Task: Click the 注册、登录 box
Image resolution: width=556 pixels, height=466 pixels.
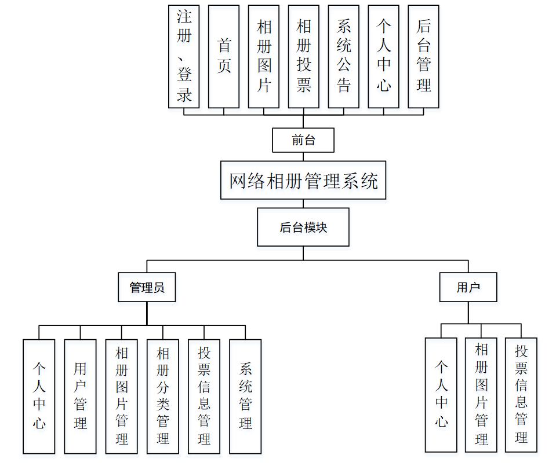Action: coord(184,57)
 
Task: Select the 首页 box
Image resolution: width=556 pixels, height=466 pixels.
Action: coord(224,57)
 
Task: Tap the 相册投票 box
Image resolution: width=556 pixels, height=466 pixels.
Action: coord(304,57)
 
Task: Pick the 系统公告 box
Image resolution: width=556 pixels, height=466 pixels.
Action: coord(344,57)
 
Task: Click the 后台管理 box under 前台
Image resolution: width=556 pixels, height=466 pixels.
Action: coord(424,57)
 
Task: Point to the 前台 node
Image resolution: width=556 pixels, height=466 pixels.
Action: coord(303,140)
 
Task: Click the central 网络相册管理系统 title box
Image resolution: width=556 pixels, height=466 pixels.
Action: coord(303,181)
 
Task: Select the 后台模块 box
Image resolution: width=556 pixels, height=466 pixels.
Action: coord(303,228)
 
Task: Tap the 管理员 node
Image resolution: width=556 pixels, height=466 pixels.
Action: coord(147,287)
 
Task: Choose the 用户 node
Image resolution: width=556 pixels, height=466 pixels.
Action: coord(468,287)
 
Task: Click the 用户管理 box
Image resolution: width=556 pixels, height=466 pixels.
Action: coord(80,396)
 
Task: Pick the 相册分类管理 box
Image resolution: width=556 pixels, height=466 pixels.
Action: coord(163,396)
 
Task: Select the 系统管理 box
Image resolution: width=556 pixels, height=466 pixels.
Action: coord(245,396)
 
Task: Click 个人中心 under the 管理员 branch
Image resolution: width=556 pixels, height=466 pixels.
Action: coord(39,396)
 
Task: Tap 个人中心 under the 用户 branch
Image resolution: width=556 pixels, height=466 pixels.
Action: coord(441,395)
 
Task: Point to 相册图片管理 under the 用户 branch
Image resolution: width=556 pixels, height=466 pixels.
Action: coord(481,395)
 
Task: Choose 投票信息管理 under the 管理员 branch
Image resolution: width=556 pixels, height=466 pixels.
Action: coord(204,396)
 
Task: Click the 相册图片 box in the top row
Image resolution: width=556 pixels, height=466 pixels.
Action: coord(264,57)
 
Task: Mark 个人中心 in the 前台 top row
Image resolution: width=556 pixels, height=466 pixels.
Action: coord(384,57)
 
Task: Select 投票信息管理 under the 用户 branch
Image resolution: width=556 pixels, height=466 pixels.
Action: coord(521,395)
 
